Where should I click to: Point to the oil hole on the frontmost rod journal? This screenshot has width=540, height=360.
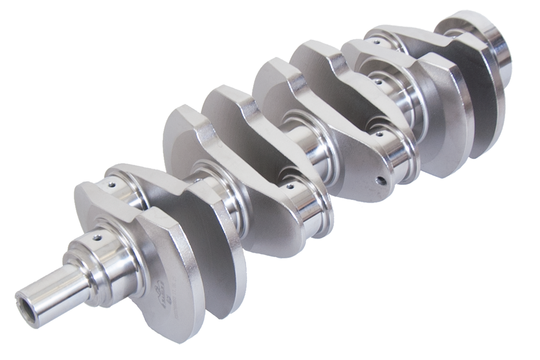[112, 184]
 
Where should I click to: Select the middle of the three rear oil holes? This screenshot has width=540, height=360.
[376, 81]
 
